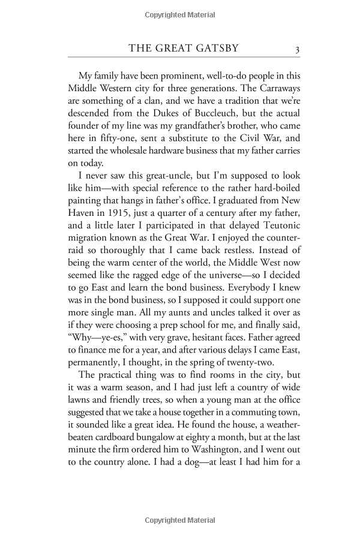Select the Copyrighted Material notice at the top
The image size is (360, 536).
tap(179, 13)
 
